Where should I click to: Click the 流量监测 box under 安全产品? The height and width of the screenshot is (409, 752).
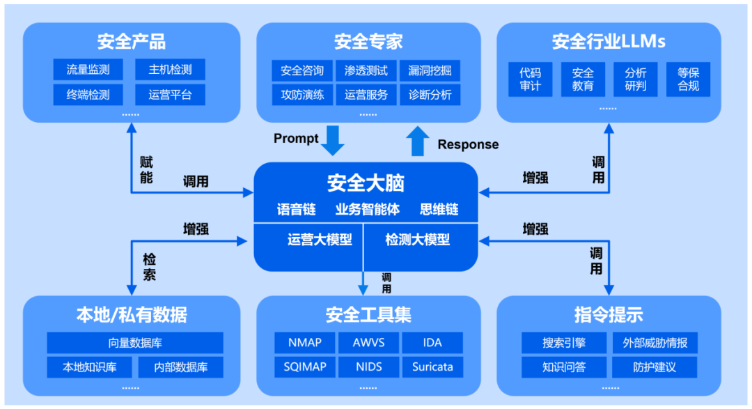(88, 70)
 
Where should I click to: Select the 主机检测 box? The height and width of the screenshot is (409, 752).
(170, 70)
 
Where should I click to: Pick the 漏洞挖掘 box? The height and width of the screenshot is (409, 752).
(430, 70)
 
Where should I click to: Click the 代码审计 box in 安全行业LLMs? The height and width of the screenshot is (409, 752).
(530, 79)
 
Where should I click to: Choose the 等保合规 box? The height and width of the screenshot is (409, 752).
(688, 79)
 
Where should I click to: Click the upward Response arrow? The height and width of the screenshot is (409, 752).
(418, 141)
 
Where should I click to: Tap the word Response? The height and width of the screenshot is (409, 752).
(468, 144)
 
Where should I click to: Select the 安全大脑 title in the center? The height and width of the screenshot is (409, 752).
(366, 183)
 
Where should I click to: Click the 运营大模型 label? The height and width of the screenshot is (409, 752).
(320, 240)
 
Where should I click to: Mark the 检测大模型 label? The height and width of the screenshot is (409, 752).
(418, 240)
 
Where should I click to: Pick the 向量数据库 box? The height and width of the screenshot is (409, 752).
(135, 343)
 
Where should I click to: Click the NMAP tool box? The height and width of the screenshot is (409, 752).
(304, 343)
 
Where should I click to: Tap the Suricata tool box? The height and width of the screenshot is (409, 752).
(432, 366)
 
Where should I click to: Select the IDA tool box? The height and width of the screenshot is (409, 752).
(432, 343)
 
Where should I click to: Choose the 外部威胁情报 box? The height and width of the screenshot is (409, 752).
(655, 343)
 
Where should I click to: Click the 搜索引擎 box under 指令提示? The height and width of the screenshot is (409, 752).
(564, 343)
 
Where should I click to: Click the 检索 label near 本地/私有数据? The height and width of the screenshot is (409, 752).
(149, 267)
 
